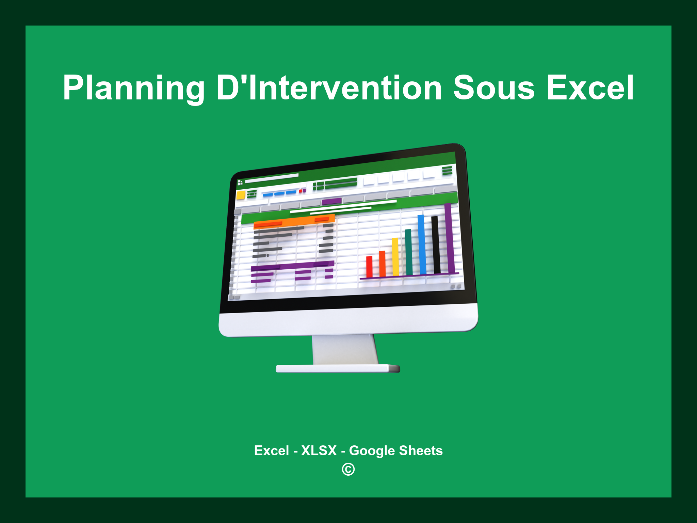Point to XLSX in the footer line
click(x=319, y=450)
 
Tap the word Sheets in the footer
click(x=421, y=450)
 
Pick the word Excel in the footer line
click(x=271, y=450)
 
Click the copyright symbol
click(x=348, y=469)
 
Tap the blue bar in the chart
click(x=422, y=244)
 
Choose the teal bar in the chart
click(x=408, y=252)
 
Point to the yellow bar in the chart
click(x=395, y=257)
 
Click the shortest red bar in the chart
click(x=369, y=267)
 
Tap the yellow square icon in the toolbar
click(x=241, y=195)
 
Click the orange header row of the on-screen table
click(x=294, y=221)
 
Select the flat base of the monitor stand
click(x=338, y=368)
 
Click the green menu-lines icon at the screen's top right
click(x=447, y=170)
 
